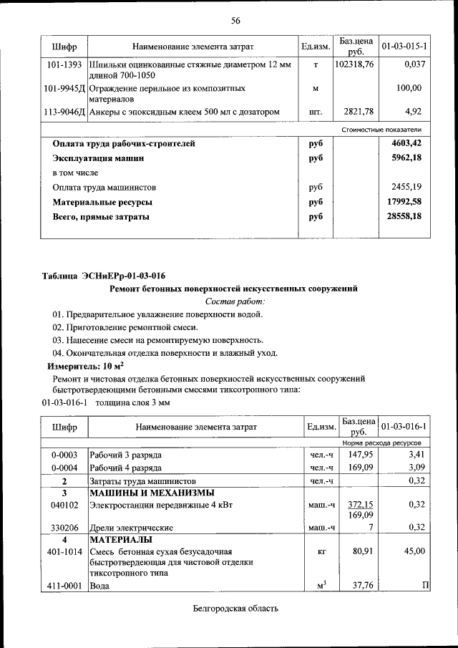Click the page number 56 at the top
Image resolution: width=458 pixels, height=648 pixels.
(x=235, y=20)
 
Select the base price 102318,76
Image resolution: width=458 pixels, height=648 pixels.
(x=354, y=65)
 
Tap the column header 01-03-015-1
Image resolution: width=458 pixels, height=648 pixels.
(x=404, y=47)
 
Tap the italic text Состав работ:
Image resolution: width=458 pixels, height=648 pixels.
(x=234, y=301)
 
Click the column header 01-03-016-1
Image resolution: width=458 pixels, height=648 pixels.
(x=404, y=427)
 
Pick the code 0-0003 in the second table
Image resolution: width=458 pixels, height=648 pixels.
(x=64, y=455)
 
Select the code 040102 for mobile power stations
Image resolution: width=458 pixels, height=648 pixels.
(x=64, y=505)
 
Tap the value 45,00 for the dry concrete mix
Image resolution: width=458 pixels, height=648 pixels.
(x=414, y=551)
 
